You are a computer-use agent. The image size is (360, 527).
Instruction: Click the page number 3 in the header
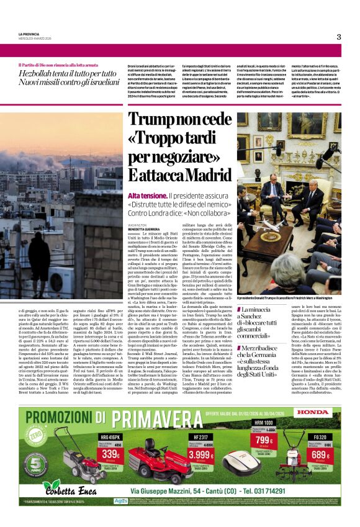[x=339, y=37]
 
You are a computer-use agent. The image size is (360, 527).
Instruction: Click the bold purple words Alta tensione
[x=146, y=195]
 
